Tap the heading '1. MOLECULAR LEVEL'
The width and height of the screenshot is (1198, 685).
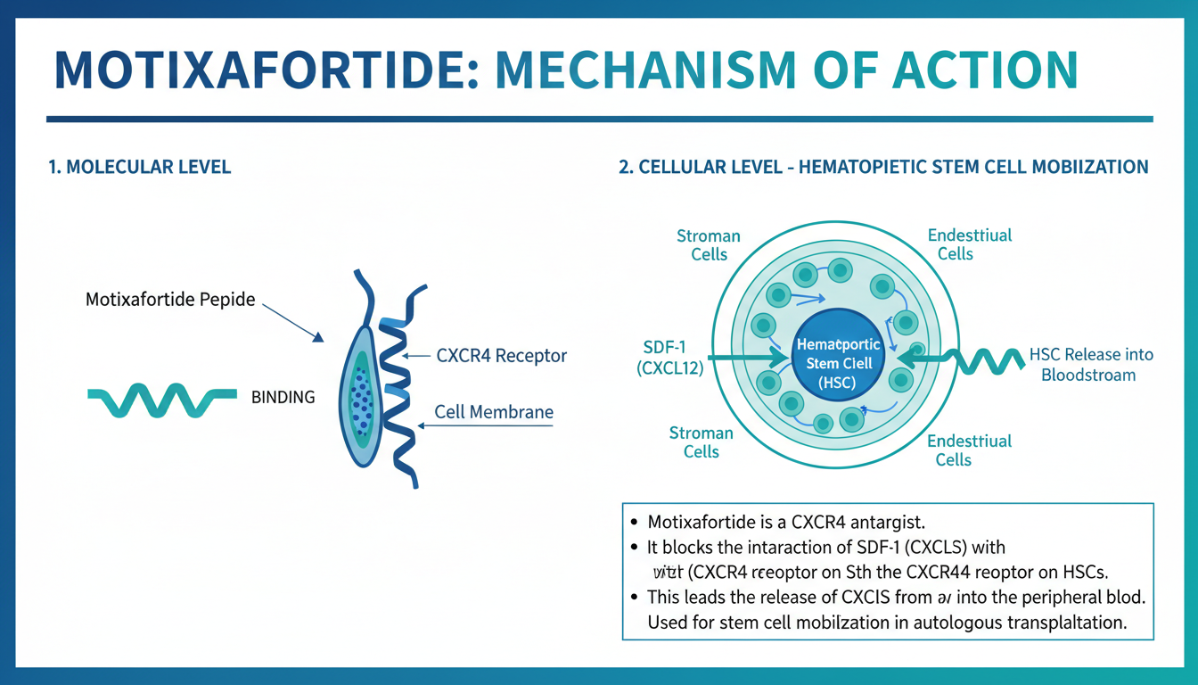click(x=140, y=167)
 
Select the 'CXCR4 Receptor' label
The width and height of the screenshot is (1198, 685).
click(x=501, y=356)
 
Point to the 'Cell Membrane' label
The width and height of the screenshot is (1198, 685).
click(x=494, y=412)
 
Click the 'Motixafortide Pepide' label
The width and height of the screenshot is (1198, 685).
click(x=170, y=300)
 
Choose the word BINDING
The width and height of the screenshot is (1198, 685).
click(x=283, y=398)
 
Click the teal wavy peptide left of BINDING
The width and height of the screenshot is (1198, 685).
click(x=161, y=400)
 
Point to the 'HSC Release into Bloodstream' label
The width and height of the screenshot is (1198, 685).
click(x=1090, y=365)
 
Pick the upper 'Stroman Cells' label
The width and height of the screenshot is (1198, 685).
click(x=709, y=245)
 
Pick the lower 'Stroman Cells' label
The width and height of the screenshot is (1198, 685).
click(x=702, y=442)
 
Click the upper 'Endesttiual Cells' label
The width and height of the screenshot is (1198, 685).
click(x=970, y=244)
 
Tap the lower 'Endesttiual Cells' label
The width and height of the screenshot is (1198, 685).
click(x=969, y=450)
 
